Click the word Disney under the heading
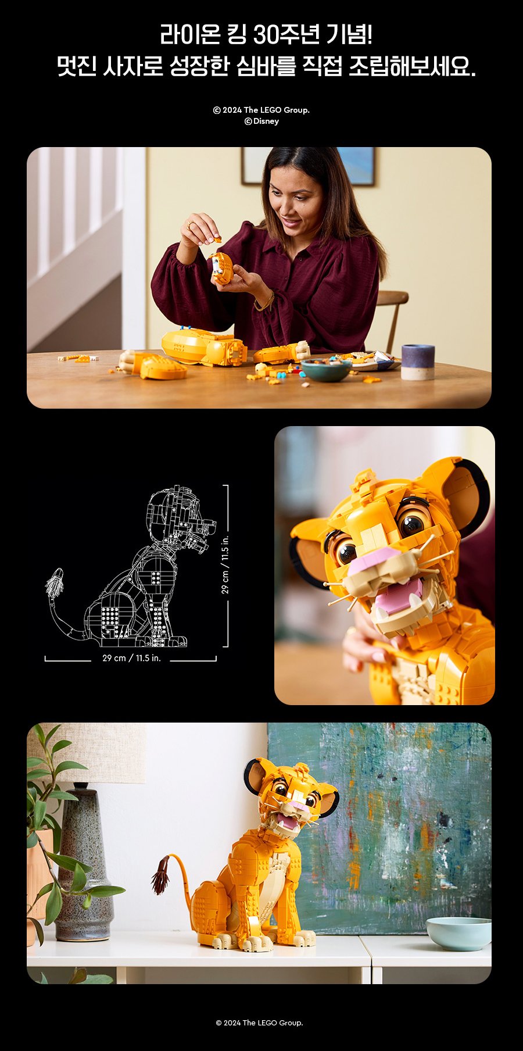pos(266,121)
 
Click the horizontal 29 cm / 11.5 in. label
pos(131,658)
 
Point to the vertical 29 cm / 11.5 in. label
pos(225,564)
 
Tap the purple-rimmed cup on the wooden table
pos(417,362)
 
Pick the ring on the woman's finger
pos(190,225)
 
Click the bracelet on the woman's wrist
pos(266,302)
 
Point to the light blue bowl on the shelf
pos(459,932)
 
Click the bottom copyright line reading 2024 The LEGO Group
pos(259,1023)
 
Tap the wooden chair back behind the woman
pos(393,317)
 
